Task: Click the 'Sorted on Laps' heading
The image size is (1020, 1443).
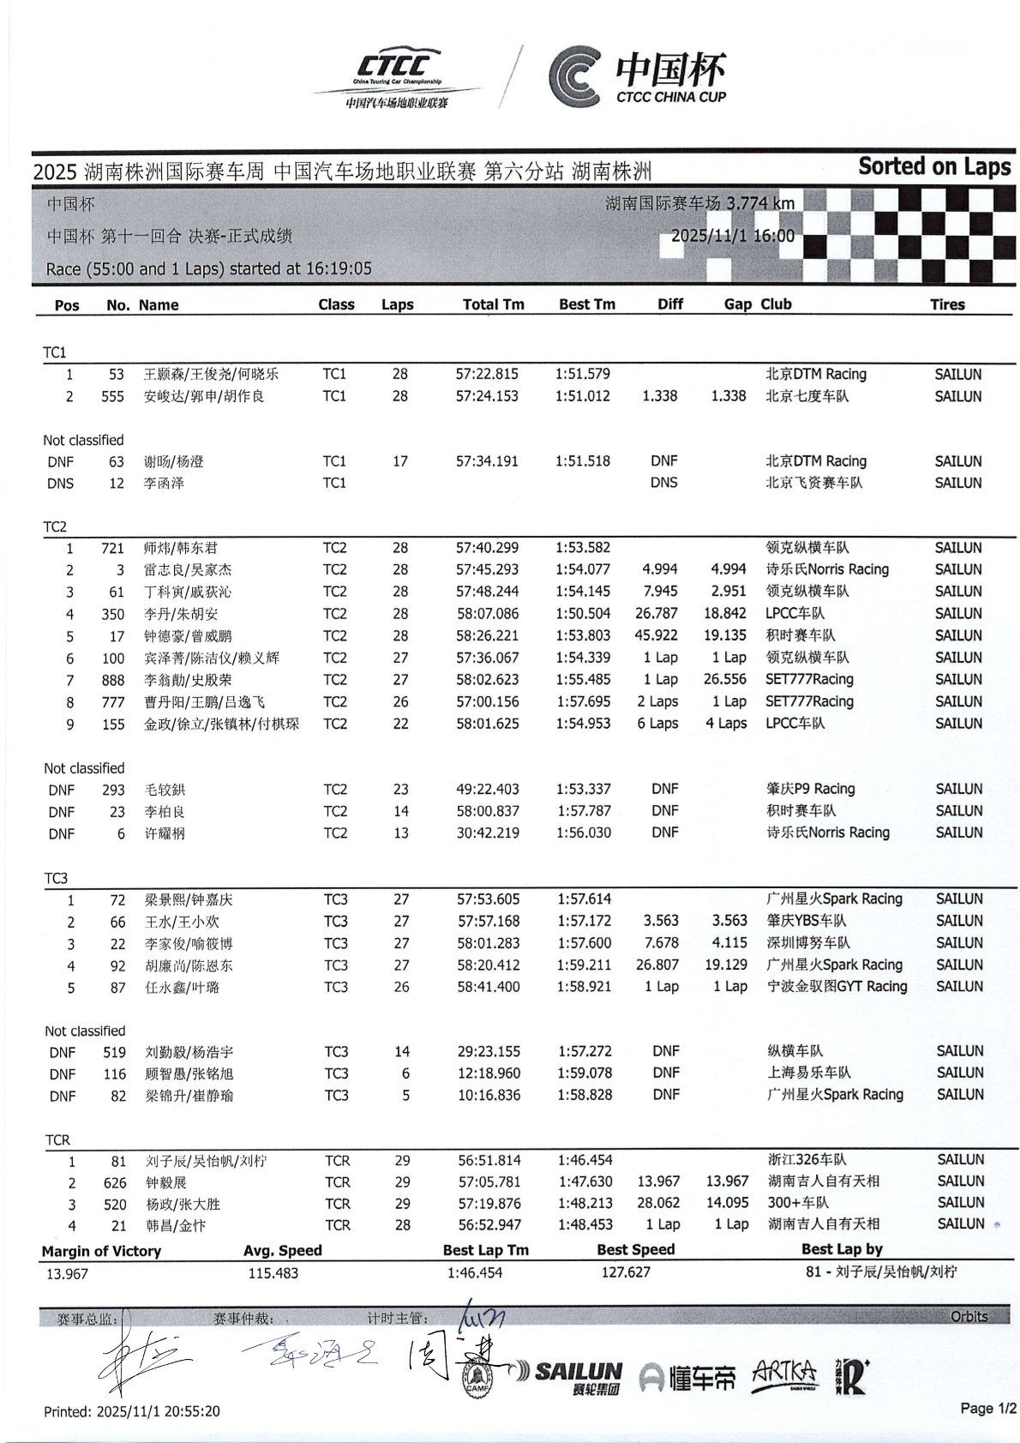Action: point(933,166)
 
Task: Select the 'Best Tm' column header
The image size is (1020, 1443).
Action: point(586,304)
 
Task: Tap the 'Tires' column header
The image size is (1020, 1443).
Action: point(947,304)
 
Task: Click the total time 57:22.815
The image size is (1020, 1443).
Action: point(487,374)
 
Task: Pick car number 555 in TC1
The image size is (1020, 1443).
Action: point(112,396)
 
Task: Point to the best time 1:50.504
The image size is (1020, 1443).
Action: point(583,614)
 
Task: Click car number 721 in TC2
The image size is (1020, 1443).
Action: point(112,548)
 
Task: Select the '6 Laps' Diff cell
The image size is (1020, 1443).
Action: point(657,724)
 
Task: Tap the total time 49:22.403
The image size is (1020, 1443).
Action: point(487,789)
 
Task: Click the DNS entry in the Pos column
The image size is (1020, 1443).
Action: point(60,484)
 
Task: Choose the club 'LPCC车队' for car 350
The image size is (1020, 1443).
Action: point(795,614)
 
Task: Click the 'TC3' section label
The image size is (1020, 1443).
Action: point(56,878)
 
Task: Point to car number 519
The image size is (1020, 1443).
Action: point(114,1052)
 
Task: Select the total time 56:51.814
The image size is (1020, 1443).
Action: point(489,1161)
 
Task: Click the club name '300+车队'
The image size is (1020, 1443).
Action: point(797,1203)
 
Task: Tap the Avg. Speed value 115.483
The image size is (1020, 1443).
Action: point(273,1273)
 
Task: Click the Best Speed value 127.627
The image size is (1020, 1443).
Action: point(626,1272)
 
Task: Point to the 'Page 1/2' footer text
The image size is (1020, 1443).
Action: point(987,1408)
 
